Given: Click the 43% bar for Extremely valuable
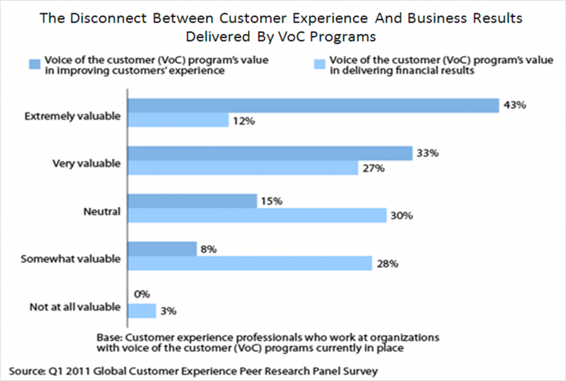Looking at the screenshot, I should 313,105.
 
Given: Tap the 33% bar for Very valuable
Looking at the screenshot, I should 269,153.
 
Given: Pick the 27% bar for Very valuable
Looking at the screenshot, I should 242,169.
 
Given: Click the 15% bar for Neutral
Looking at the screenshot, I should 191,201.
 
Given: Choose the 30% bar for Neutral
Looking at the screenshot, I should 256,216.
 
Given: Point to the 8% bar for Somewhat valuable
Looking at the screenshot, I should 161,249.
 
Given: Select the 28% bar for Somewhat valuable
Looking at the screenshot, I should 249,264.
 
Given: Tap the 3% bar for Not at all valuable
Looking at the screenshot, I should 141,310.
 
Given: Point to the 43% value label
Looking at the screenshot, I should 512,105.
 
